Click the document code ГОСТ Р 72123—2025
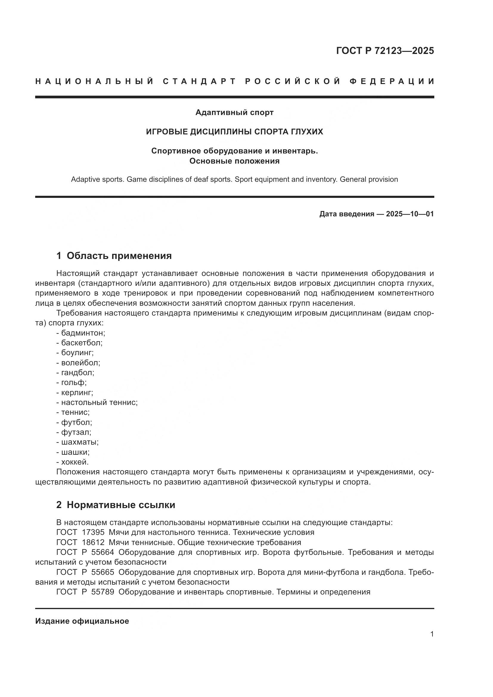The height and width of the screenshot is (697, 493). coord(385,51)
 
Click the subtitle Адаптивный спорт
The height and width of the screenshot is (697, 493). coord(234,113)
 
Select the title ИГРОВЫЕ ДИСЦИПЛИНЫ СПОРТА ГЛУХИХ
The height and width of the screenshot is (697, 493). coord(234,132)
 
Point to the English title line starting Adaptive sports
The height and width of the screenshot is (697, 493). coord(234,179)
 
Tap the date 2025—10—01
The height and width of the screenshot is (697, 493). coord(410,214)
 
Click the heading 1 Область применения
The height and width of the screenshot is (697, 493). coord(114,256)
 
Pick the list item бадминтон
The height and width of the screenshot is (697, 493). coord(83,333)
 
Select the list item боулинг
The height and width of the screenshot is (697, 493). coord(77,353)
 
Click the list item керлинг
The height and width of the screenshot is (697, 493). coord(77,392)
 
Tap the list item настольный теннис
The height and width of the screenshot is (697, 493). coord(99,403)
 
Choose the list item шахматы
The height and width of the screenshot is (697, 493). coord(80,442)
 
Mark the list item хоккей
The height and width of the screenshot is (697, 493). coord(75,462)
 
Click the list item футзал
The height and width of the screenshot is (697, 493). coord(76,432)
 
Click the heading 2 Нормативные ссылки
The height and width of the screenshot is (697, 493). coord(116,505)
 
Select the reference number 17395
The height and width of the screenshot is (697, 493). coord(93,532)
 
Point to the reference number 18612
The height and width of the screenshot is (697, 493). coord(93,542)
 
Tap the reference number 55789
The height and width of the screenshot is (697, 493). coord(103,592)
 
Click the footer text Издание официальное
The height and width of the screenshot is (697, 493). coord(82,621)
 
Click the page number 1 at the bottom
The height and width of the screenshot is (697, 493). coord(432,634)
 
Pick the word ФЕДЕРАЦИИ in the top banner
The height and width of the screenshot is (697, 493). coord(392,81)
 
